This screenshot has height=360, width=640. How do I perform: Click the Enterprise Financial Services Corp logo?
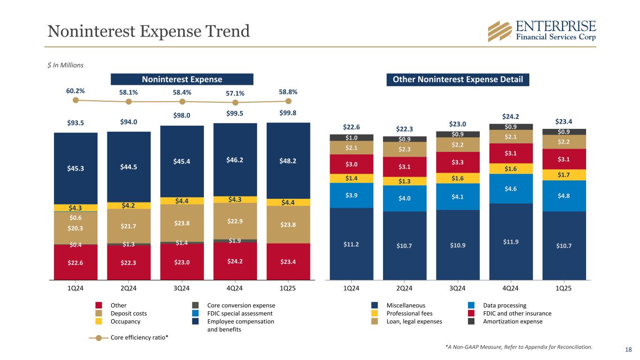click(x=542, y=31)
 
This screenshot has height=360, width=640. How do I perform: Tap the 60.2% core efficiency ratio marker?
click(x=75, y=100)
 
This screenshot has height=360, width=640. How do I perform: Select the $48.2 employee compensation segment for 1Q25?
click(x=288, y=160)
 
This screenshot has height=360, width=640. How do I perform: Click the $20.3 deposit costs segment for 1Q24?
click(x=75, y=228)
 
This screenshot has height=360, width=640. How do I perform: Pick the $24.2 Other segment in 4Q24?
click(x=235, y=261)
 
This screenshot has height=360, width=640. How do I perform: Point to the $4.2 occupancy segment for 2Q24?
click(x=128, y=205)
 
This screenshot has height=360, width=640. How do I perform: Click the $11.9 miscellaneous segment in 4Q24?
click(x=511, y=241)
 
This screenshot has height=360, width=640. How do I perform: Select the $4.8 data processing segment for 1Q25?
click(x=564, y=196)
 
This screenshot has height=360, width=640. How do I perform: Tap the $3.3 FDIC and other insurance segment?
click(x=457, y=162)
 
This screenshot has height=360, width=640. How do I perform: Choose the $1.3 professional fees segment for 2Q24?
click(x=404, y=181)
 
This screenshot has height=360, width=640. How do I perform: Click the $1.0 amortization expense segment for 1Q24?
click(x=351, y=137)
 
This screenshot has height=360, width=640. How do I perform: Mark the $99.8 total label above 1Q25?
click(x=288, y=113)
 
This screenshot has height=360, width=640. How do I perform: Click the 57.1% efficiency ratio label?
click(x=235, y=94)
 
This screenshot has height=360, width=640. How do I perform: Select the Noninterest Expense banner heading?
click(x=182, y=79)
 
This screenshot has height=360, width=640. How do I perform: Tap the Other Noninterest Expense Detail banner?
click(x=458, y=79)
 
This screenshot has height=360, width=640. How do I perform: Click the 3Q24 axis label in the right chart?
click(x=457, y=289)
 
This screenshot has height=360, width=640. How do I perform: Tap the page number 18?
click(x=628, y=349)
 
